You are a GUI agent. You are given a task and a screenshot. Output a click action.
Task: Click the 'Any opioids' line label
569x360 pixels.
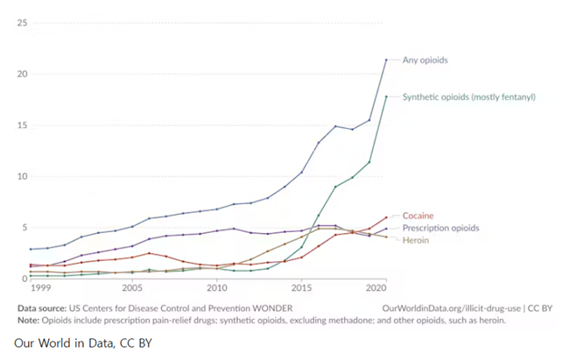point(424,60)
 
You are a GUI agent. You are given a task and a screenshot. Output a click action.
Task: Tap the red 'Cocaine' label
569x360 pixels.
point(418,215)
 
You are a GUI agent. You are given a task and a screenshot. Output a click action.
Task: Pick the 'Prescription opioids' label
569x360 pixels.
point(440,228)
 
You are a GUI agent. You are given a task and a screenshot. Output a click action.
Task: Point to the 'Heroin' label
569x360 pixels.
point(416,239)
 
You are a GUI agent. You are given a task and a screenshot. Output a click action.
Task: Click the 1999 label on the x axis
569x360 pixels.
point(39,288)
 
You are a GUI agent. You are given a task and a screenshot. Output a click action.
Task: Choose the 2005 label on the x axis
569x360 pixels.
point(132,288)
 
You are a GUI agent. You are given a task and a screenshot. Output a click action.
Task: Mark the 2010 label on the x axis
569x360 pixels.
point(216,288)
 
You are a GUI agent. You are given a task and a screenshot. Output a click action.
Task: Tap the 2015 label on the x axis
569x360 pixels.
point(301,288)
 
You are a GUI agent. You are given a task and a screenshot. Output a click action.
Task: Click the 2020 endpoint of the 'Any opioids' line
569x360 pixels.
point(386,60)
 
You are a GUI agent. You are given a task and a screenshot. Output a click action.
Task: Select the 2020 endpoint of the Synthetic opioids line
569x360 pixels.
point(386,96)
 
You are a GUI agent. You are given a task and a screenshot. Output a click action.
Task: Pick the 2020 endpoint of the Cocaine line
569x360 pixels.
point(386,217)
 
